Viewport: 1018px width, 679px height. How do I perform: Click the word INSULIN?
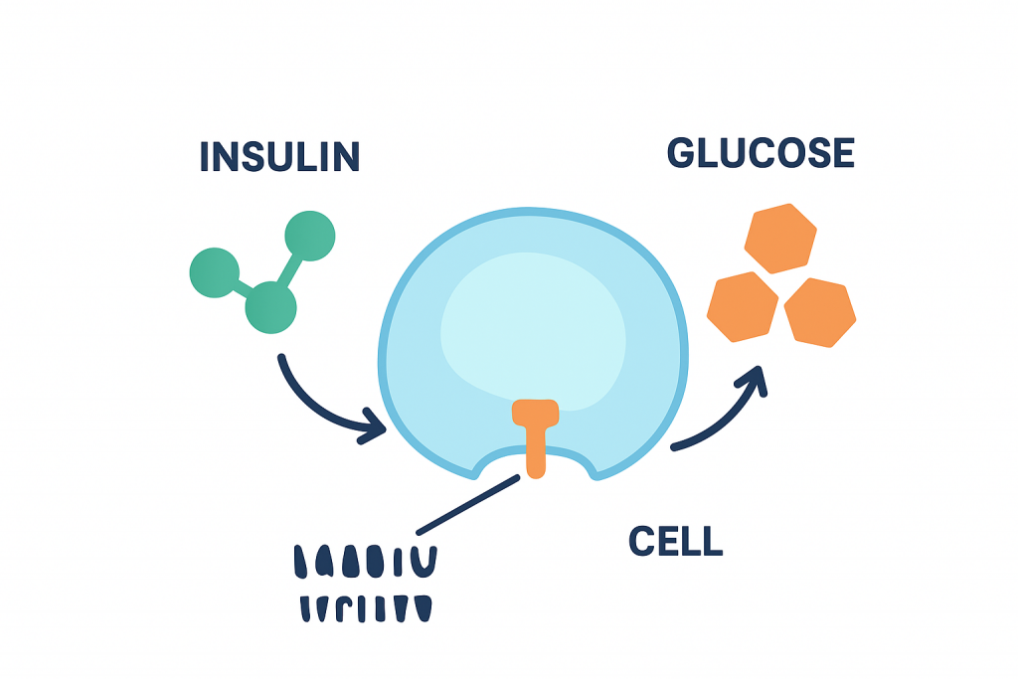(279, 156)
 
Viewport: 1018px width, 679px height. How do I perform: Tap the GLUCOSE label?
(761, 153)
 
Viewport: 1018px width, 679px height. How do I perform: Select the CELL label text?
(675, 542)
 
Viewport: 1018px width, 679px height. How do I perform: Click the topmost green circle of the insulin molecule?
(309, 237)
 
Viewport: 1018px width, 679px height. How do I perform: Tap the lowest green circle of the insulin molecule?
(270, 306)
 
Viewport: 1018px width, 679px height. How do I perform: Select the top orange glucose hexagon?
(780, 238)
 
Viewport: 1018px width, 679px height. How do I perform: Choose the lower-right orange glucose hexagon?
(820, 312)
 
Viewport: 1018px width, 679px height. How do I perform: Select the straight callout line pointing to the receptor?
(467, 506)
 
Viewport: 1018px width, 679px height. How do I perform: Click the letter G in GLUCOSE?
(682, 153)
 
